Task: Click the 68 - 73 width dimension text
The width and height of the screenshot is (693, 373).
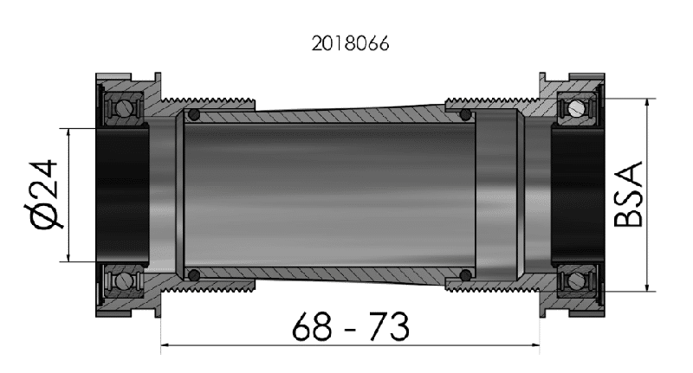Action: (x=350, y=327)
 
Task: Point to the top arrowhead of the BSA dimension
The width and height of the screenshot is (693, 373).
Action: (x=647, y=101)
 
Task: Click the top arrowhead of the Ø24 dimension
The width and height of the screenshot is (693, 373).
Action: (x=68, y=132)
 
